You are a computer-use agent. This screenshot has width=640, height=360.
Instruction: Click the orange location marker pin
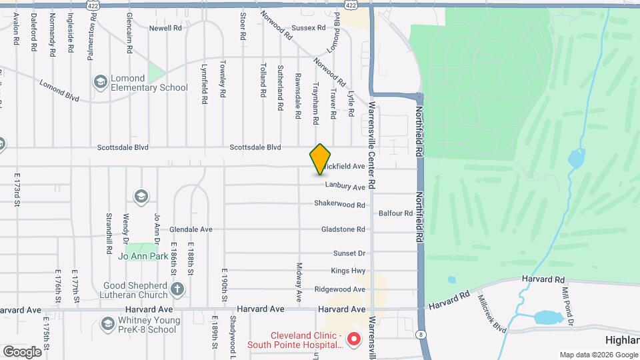coord(321,159)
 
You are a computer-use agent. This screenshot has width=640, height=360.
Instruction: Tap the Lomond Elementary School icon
coord(101,82)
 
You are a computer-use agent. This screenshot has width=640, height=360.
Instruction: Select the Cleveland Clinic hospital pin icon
coord(354,339)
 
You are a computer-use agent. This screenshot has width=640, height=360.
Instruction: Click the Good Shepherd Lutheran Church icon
coord(177,289)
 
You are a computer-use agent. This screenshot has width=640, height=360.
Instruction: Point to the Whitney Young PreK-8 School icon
coord(107,323)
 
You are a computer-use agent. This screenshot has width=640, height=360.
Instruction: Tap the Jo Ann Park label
coord(142,255)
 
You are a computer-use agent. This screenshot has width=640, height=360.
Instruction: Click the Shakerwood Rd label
coord(339,205)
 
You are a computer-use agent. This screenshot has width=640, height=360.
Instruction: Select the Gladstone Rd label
coord(343,229)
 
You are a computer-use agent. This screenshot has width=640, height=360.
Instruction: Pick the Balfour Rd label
coord(395,213)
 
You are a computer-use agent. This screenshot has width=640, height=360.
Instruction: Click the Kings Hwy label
coord(348,271)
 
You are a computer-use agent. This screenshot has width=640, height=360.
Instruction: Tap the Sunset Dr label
coord(349,253)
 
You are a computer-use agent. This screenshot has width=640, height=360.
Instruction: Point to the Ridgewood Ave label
coord(340,289)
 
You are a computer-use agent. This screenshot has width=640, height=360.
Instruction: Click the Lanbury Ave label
coord(345,187)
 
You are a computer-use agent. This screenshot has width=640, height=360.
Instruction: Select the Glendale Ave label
coord(191,229)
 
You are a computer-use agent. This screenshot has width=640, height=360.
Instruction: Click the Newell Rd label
coord(165,28)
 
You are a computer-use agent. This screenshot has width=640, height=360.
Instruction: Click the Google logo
coord(22,351)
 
